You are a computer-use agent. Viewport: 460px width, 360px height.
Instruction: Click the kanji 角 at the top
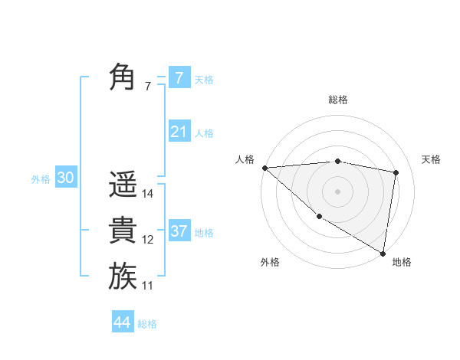coord(123,77)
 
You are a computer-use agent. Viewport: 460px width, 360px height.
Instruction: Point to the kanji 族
coord(123,276)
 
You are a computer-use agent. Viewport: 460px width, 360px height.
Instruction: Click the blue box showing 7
coord(179,78)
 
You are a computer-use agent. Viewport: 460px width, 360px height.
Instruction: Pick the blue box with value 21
coord(179,132)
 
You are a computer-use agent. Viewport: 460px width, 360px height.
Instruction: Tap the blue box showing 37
coord(179,231)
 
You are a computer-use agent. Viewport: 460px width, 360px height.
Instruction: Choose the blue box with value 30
coord(65,178)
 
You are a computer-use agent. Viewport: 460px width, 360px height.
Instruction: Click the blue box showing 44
coord(122,322)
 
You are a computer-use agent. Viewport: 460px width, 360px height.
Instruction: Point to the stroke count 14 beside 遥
coord(148,194)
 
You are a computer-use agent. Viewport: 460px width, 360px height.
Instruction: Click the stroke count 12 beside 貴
coord(148,240)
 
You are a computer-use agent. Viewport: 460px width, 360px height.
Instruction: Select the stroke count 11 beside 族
coord(148,286)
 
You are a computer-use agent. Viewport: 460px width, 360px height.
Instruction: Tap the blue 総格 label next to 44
coord(147,324)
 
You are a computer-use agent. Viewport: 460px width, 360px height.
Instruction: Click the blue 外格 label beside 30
coord(41,179)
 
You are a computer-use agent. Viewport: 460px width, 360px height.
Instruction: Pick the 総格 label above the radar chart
coord(338,100)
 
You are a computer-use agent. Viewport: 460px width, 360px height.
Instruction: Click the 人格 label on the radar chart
coord(245,159)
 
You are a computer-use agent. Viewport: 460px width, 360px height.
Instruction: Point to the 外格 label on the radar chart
coord(270,262)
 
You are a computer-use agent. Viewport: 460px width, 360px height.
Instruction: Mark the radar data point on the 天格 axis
coord(396,172)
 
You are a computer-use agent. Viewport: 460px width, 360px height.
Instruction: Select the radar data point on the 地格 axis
coord(383,253)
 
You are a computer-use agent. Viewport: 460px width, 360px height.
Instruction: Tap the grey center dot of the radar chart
coord(337,191)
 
